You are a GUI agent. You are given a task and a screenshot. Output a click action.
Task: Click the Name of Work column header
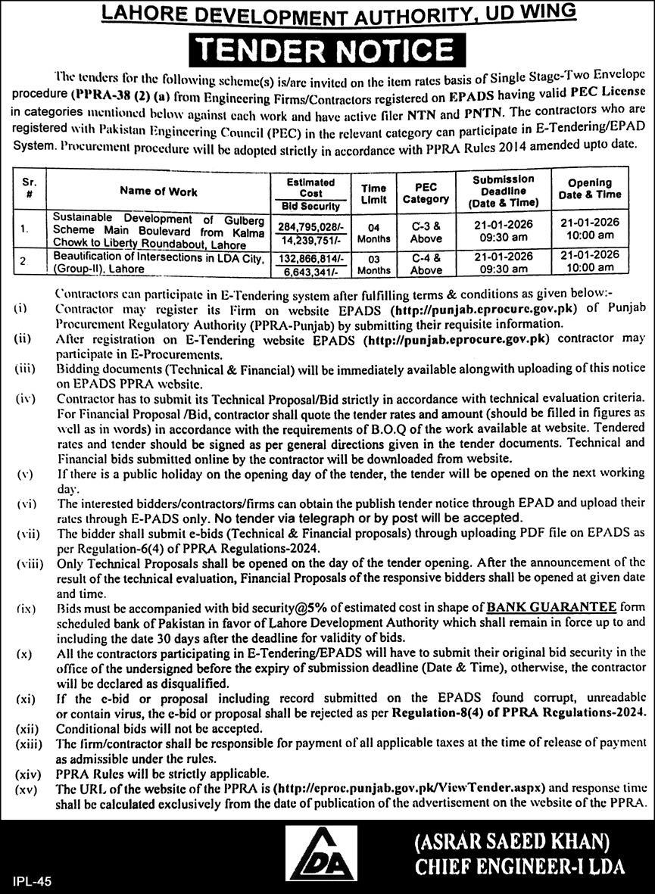point(158,192)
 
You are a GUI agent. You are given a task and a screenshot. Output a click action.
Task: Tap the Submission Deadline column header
point(503,192)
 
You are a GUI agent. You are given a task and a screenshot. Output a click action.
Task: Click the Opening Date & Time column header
point(589,188)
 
